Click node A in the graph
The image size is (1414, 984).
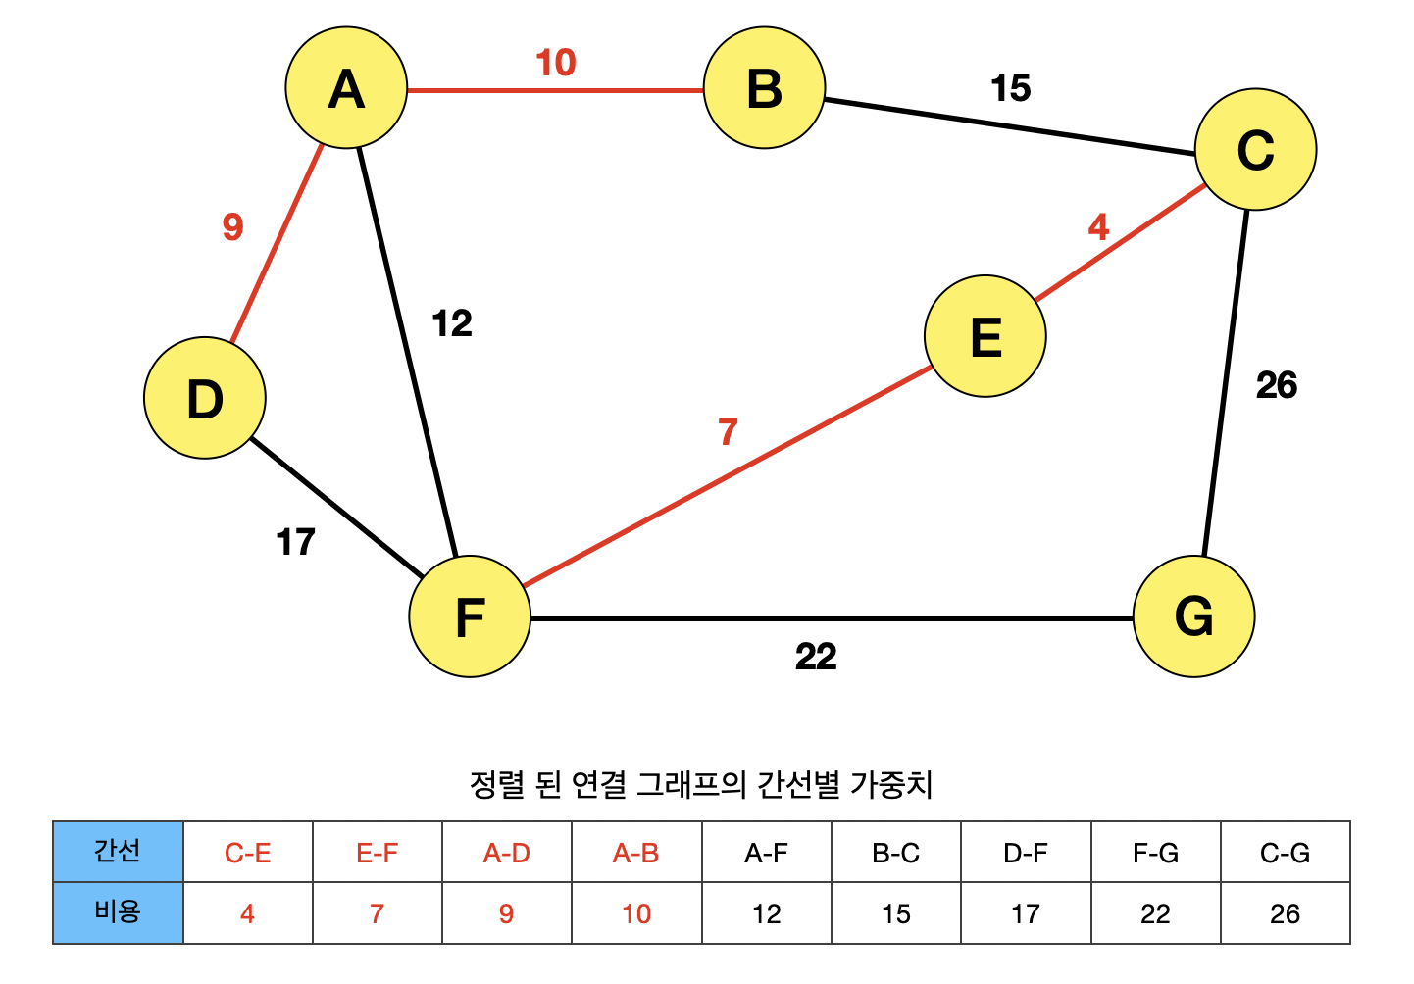(346, 88)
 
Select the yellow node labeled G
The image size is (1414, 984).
(1193, 616)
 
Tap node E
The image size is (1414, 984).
(985, 336)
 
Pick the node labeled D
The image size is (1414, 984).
(204, 398)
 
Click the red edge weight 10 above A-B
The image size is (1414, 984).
(556, 63)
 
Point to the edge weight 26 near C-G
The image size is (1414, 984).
(1276, 385)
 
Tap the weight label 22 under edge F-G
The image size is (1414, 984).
(815, 656)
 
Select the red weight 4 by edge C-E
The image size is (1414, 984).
(1098, 227)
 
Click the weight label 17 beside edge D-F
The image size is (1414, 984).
(295, 542)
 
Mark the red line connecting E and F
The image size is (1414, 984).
(726, 477)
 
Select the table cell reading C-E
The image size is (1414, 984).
(247, 853)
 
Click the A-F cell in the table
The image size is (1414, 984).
(766, 853)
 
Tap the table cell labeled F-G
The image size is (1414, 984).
(1155, 853)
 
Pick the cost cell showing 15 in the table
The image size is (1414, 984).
(895, 913)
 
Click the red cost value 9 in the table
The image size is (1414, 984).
(506, 913)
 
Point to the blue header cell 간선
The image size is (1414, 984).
(118, 851)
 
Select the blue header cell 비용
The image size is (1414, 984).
(118, 912)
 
